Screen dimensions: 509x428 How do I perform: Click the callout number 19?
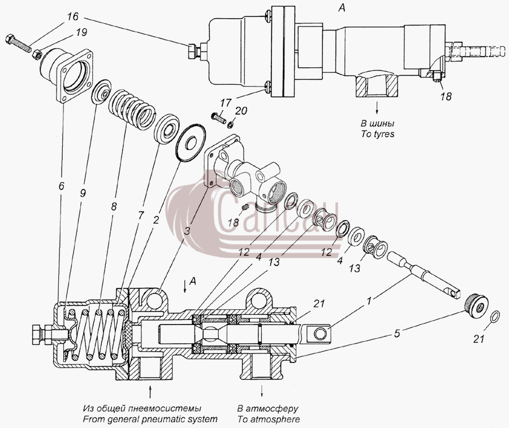81,33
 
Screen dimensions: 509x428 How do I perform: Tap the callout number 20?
241,111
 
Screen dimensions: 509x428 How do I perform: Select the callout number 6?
61,186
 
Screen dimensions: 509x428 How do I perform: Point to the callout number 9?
83,193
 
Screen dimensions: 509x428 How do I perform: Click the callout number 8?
113,206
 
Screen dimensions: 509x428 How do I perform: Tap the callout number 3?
187,231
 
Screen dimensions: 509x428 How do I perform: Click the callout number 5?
397,334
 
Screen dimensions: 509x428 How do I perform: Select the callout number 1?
368,301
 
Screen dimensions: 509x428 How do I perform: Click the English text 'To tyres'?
378,134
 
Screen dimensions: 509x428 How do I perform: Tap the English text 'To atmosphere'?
269,420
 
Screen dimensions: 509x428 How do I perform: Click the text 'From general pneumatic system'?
150,420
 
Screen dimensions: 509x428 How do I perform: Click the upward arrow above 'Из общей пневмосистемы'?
150,391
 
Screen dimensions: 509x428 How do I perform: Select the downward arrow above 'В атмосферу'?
262,391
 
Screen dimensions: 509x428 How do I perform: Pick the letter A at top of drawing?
342,8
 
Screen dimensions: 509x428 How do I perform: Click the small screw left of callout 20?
219,118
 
